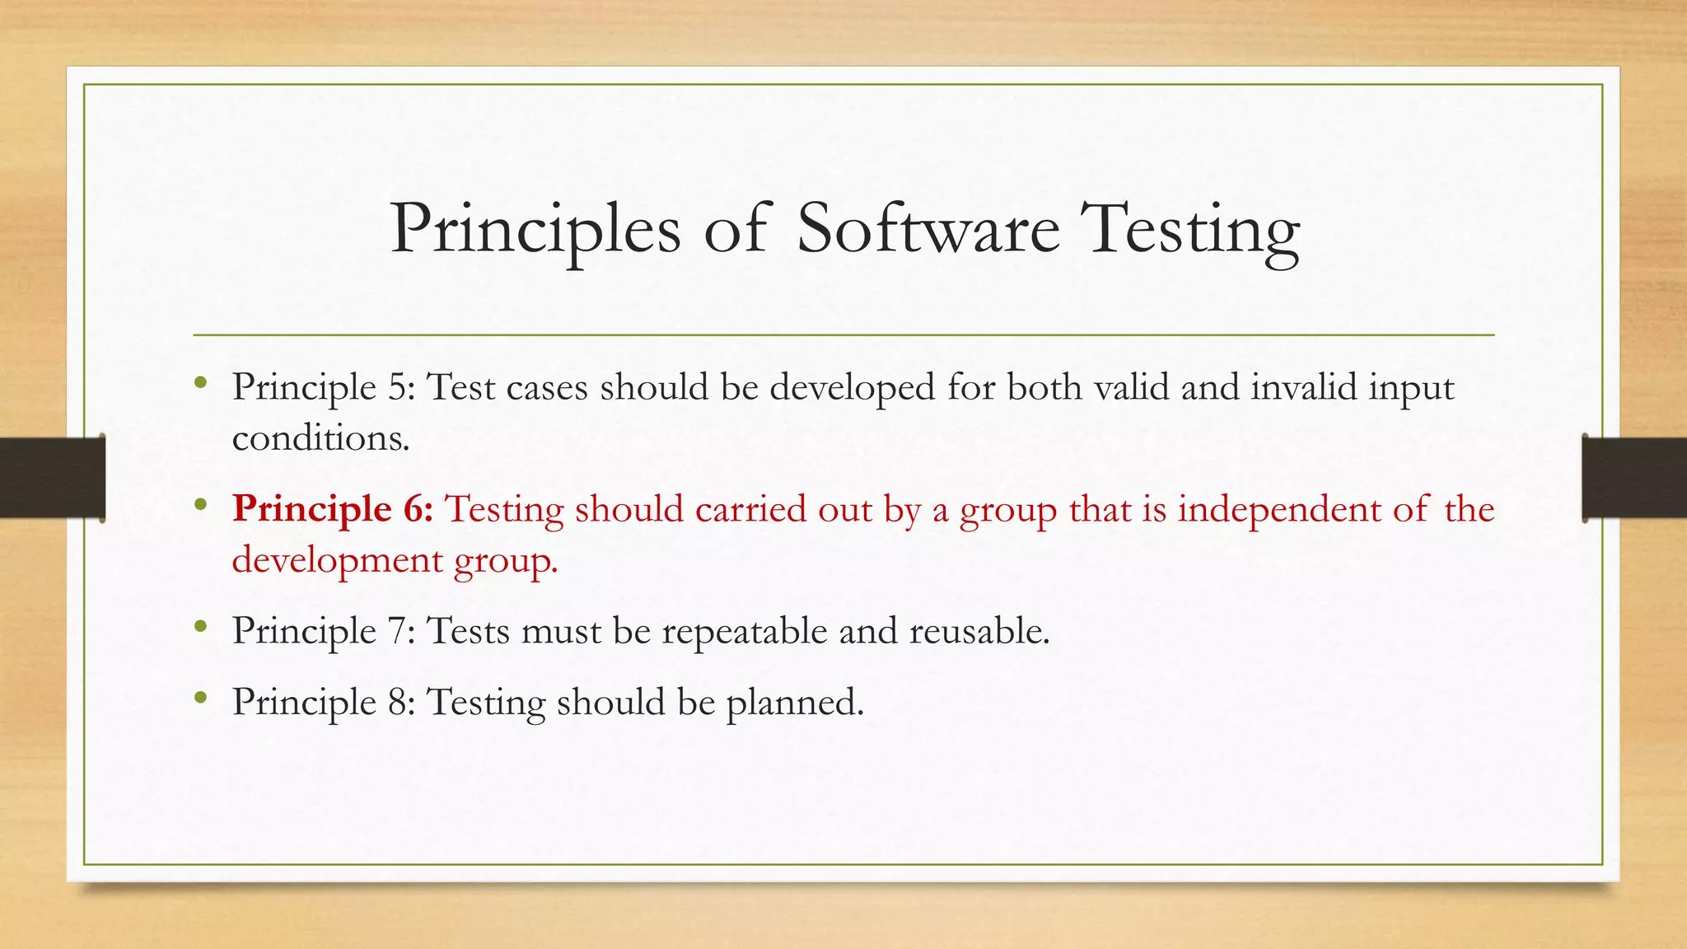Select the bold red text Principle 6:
click(333, 509)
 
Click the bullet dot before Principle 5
click(200, 382)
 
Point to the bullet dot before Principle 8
click(200, 699)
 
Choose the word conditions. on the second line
click(320, 437)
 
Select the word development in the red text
click(338, 560)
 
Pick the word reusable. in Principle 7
click(979, 631)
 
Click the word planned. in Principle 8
click(794, 703)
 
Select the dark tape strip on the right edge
click(1634, 477)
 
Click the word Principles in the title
click(535, 231)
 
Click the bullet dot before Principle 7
click(200, 627)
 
